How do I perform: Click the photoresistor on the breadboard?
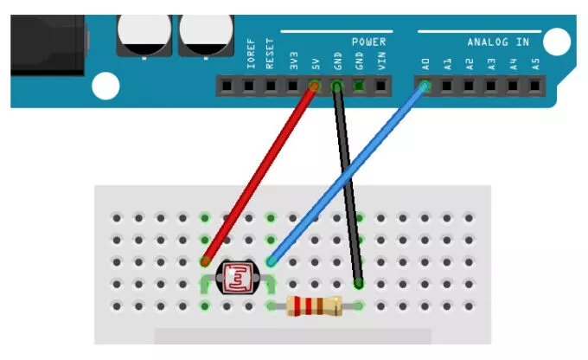238,278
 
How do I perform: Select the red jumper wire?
260,173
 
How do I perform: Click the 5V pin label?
316,62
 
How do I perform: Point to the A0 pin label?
425,62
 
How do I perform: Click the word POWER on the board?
368,42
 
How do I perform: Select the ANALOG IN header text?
498,42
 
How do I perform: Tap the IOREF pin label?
250,56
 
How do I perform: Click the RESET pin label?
272,57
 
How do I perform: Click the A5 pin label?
535,62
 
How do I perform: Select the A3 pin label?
491,62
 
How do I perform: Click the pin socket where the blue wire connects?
425,86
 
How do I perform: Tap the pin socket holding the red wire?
316,86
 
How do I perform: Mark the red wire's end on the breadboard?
206,260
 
